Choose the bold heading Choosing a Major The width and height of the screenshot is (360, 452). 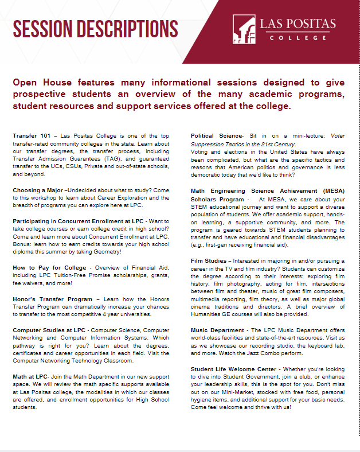[x=38, y=189]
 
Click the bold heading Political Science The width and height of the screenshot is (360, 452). [x=217, y=136]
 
